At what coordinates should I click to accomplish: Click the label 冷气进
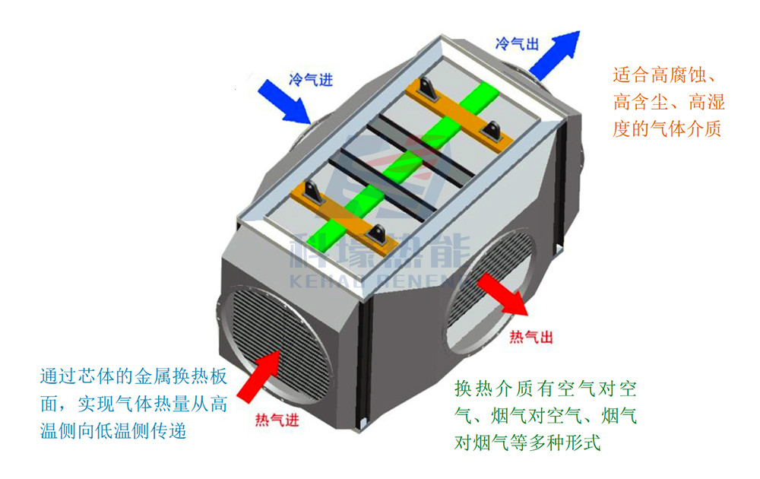311,80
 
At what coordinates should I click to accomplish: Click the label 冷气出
517,43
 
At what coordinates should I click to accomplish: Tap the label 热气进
277,420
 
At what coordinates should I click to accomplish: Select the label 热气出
531,337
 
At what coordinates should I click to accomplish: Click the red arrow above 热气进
259,376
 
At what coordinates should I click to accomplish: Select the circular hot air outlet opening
489,291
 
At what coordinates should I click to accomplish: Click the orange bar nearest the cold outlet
458,116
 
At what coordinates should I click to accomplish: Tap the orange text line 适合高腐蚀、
663,75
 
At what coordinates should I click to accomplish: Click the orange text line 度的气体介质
667,128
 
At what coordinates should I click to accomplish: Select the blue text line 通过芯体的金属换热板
134,376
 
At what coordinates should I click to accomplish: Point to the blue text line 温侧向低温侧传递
113,431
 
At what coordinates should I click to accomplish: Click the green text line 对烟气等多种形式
527,443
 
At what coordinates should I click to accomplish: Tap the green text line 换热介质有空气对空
545,389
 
